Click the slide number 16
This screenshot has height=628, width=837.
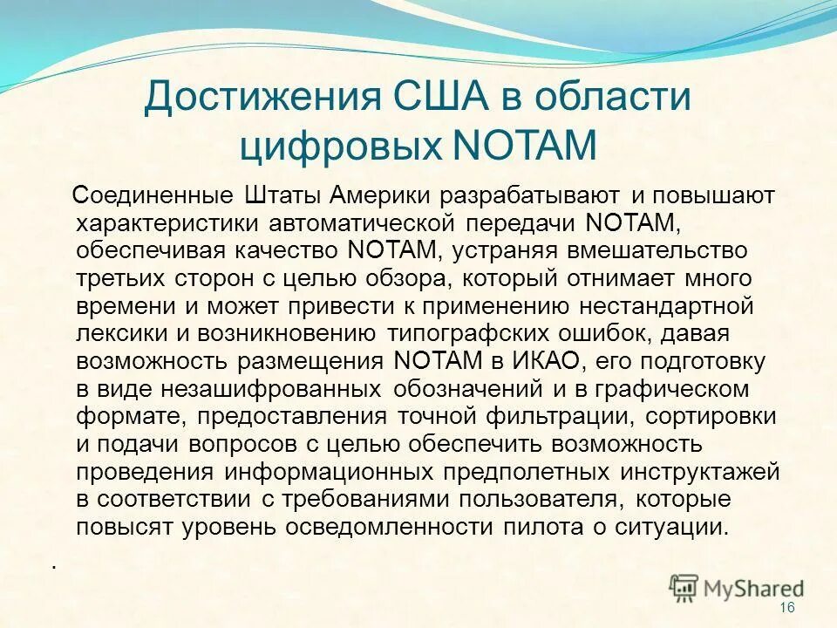click(788, 607)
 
